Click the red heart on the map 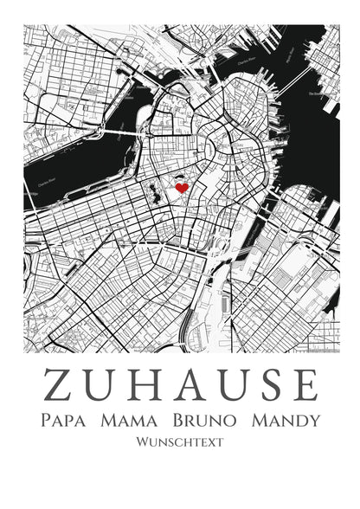click(182, 186)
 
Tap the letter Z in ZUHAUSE click(58, 385)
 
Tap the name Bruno click(203, 421)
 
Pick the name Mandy click(285, 421)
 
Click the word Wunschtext click(180, 441)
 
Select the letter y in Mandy click(313, 422)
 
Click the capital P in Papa click(46, 421)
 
